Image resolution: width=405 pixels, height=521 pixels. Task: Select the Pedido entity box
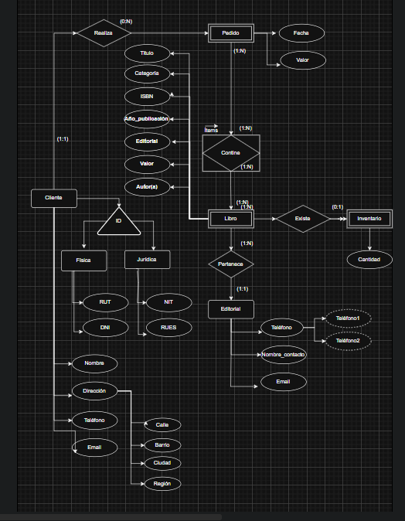coord(231,33)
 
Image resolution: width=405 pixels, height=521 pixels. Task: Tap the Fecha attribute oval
coord(301,34)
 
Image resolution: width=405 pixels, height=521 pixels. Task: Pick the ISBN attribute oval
coord(147,96)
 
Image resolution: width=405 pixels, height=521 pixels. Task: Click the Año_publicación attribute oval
coord(147,119)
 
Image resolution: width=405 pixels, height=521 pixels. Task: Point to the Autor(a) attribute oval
coord(147,187)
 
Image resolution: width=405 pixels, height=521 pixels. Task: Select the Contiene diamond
coord(230,153)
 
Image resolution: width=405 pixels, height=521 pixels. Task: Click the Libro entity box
coord(230,219)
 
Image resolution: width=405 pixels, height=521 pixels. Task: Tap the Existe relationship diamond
coord(302,219)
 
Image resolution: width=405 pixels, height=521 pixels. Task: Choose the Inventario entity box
coord(369,219)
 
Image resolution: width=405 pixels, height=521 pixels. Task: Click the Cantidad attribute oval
coord(369,260)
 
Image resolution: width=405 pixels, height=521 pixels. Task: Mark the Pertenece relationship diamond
coord(230,264)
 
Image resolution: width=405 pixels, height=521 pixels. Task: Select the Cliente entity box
coord(53,198)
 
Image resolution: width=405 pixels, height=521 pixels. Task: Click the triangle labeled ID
coord(118,223)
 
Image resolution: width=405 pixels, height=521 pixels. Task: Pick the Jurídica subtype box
coord(147,260)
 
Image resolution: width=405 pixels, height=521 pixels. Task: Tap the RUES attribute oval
coord(168,328)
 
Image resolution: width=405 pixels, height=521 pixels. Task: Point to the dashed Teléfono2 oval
coord(348,340)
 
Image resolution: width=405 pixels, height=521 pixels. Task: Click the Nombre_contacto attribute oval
coord(284,355)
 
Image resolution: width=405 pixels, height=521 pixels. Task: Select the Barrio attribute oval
coord(162,444)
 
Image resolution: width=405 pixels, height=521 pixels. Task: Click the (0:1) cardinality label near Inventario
coord(338,206)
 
